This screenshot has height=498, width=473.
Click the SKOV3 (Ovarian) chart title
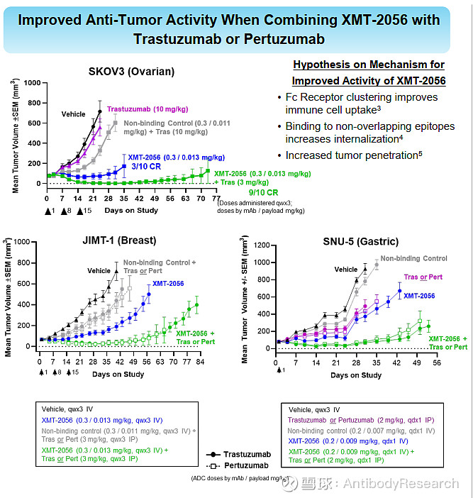(x=131, y=71)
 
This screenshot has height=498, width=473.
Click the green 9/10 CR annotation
(x=263, y=192)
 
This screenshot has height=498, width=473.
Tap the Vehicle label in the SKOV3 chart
(x=73, y=114)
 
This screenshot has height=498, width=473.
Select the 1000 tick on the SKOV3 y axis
(x=31, y=83)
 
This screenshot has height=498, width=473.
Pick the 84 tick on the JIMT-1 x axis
(x=200, y=363)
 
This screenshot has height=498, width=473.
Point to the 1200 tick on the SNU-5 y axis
(x=261, y=245)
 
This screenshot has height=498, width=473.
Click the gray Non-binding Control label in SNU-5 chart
(x=414, y=258)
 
